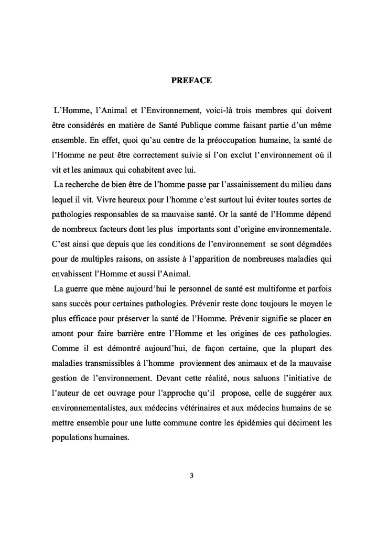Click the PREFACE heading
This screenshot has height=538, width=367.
(191, 81)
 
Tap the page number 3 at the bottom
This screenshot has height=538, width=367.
(192, 476)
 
